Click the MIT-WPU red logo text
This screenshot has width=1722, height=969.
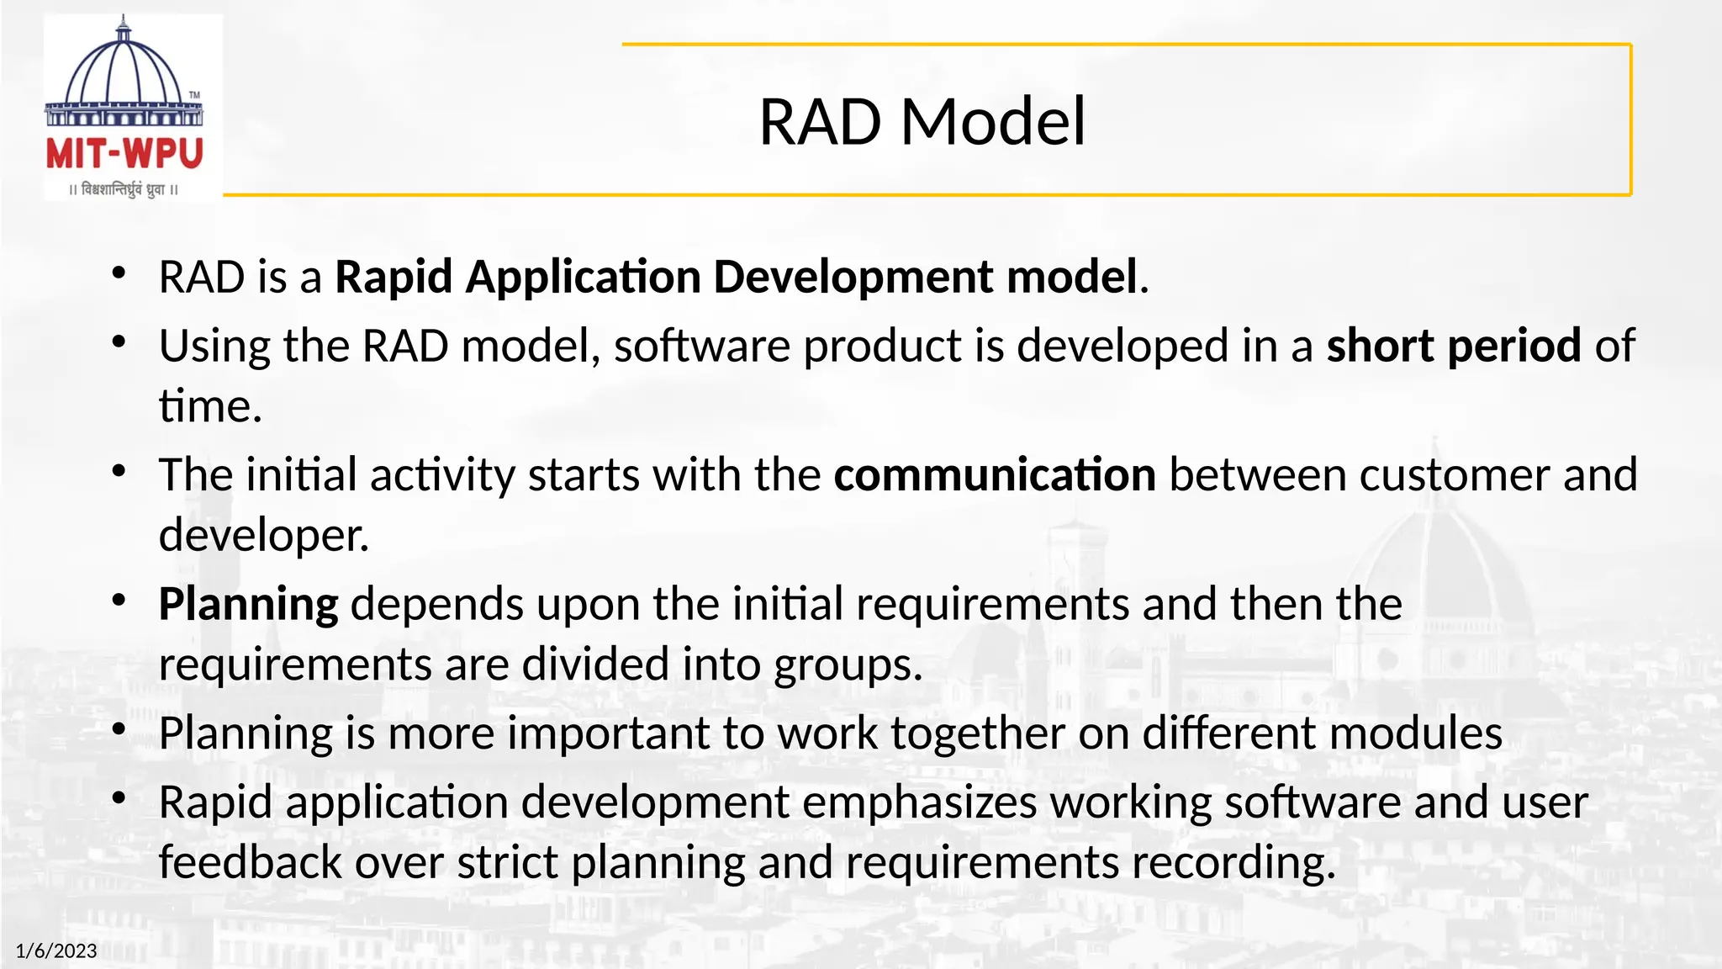pyautogui.click(x=124, y=155)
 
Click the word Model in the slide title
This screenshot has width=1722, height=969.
pyautogui.click(x=993, y=122)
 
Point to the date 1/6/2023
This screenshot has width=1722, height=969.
pyautogui.click(x=56, y=950)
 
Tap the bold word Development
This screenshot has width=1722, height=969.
pyautogui.click(x=854, y=277)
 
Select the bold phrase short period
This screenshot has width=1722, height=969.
pyautogui.click(x=1454, y=346)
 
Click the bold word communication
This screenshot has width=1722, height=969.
pyautogui.click(x=995, y=474)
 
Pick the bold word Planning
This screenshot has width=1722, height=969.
pyautogui.click(x=248, y=604)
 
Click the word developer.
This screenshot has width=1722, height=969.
pyautogui.click(x=263, y=535)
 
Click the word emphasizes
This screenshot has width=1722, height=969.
pyautogui.click(x=919, y=802)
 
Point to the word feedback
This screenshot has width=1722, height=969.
pyautogui.click(x=250, y=862)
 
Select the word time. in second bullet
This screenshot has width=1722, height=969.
pyautogui.click(x=210, y=406)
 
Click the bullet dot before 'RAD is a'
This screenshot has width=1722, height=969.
pyautogui.click(x=119, y=273)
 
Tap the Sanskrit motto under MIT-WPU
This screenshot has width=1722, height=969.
pyautogui.click(x=124, y=189)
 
